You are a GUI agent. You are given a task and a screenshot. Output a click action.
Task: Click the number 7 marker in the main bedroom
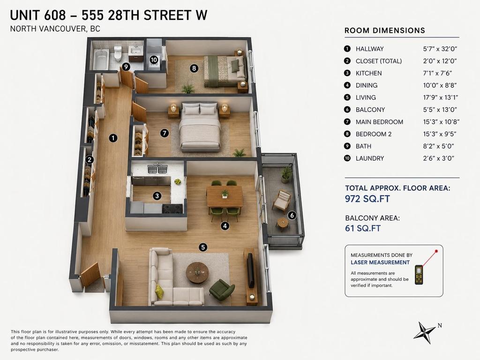click(165, 133)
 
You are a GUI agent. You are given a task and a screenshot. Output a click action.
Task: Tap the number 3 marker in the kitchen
click(157, 195)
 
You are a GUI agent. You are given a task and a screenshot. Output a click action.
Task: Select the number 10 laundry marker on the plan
click(154, 60)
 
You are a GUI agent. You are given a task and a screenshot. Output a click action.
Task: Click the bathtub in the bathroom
click(100, 59)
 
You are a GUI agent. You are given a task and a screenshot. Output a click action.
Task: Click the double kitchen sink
click(157, 169)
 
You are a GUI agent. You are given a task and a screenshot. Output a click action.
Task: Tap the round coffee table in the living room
click(197, 272)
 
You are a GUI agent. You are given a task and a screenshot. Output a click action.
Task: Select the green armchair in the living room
click(222, 290)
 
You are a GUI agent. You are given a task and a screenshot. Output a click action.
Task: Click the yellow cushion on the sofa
click(159, 292)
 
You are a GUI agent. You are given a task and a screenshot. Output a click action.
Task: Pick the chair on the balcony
click(282, 201)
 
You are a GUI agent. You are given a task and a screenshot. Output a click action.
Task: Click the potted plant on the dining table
click(225, 194)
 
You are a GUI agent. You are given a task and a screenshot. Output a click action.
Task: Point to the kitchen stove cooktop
click(172, 209)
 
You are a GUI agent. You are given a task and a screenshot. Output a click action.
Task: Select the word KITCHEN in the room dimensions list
click(368, 73)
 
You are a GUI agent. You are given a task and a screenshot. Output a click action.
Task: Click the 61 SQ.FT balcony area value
click(363, 228)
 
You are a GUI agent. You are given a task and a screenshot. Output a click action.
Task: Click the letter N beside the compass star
click(440, 325)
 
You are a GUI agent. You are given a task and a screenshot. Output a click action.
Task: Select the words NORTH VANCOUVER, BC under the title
click(55, 29)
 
